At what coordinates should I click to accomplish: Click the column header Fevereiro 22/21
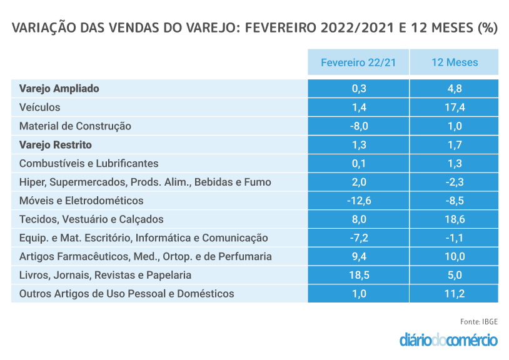pos(358,62)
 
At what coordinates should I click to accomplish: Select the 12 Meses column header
pos(454,62)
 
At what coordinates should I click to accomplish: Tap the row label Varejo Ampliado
pos(59,89)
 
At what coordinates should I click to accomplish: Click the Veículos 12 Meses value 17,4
pos(454,107)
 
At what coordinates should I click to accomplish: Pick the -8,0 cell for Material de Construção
pos(358,126)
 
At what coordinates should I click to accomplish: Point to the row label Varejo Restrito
pos(56,145)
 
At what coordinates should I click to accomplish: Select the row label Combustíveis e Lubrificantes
pos(89,164)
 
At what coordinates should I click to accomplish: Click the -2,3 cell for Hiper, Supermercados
pos(454,182)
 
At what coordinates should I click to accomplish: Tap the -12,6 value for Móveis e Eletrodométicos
pos(358,201)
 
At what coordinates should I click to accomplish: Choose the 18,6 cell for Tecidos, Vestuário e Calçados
pos(454,219)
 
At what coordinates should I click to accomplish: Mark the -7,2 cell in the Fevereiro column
pos(358,238)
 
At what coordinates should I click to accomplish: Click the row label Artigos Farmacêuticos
pos(145,256)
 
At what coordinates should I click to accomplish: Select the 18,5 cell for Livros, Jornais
pos(358,275)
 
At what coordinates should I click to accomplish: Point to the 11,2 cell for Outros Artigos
pos(454,294)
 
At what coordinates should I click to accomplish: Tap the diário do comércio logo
pos(448,341)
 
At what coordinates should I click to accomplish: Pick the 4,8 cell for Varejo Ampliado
pos(454,89)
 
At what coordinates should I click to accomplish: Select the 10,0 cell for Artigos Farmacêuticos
pos(454,256)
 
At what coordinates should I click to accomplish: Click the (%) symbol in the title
pos(487,29)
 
